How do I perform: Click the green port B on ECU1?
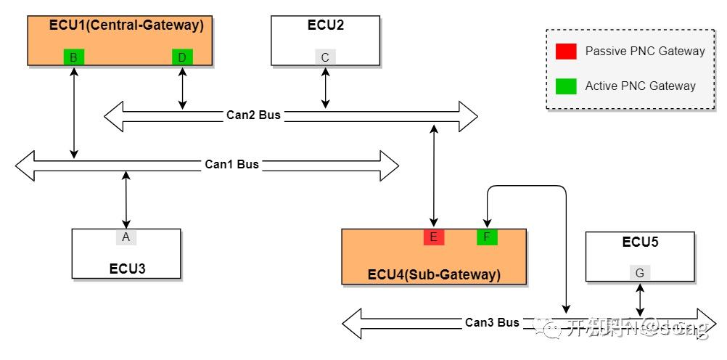click(73, 57)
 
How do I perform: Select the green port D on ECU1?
click(182, 57)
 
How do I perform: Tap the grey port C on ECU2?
click(325, 57)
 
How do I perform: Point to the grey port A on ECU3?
click(126, 237)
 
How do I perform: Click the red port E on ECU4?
click(434, 237)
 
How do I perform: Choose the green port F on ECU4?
click(487, 237)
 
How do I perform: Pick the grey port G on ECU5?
click(639, 273)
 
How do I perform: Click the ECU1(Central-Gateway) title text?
click(126, 25)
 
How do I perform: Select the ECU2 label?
click(325, 25)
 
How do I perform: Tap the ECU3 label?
click(127, 268)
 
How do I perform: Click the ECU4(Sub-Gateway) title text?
click(434, 274)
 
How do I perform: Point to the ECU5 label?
click(640, 242)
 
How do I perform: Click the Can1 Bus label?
click(231, 164)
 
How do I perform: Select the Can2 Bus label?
click(252, 115)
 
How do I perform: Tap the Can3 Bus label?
click(492, 322)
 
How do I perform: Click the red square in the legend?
click(566, 51)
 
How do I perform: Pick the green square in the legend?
click(566, 86)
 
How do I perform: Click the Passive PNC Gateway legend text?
click(644, 51)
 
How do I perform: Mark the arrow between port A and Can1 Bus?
click(126, 199)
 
